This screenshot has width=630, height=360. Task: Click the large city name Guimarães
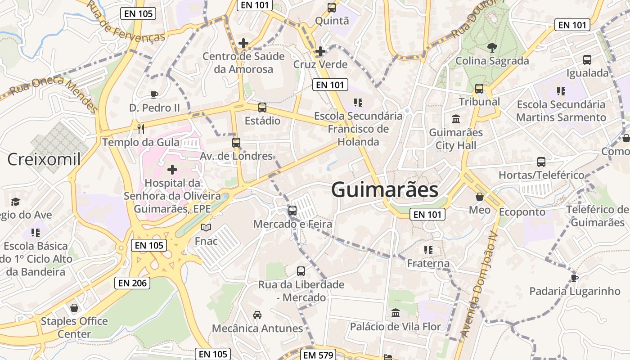click(x=385, y=190)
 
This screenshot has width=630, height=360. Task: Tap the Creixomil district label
click(x=44, y=159)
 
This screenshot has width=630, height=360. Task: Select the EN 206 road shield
click(x=132, y=283)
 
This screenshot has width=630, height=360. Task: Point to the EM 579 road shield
click(x=318, y=355)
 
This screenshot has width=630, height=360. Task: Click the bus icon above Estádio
click(x=262, y=108)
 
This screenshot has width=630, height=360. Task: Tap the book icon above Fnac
click(x=206, y=228)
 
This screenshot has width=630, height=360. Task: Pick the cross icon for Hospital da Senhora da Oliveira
click(x=172, y=170)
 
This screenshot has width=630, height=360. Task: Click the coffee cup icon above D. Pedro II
click(x=154, y=94)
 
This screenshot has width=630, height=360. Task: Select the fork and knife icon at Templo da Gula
click(x=141, y=129)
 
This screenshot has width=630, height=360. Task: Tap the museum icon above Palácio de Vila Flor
click(x=396, y=313)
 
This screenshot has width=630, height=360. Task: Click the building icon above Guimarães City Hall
click(x=456, y=119)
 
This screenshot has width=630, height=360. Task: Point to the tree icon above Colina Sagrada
click(x=492, y=47)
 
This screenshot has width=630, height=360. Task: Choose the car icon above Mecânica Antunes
click(x=257, y=315)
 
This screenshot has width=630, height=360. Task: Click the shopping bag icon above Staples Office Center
click(x=74, y=308)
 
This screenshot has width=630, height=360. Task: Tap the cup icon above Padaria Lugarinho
click(x=574, y=278)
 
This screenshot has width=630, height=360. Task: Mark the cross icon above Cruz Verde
click(x=320, y=51)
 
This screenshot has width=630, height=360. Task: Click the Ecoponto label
click(x=522, y=211)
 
